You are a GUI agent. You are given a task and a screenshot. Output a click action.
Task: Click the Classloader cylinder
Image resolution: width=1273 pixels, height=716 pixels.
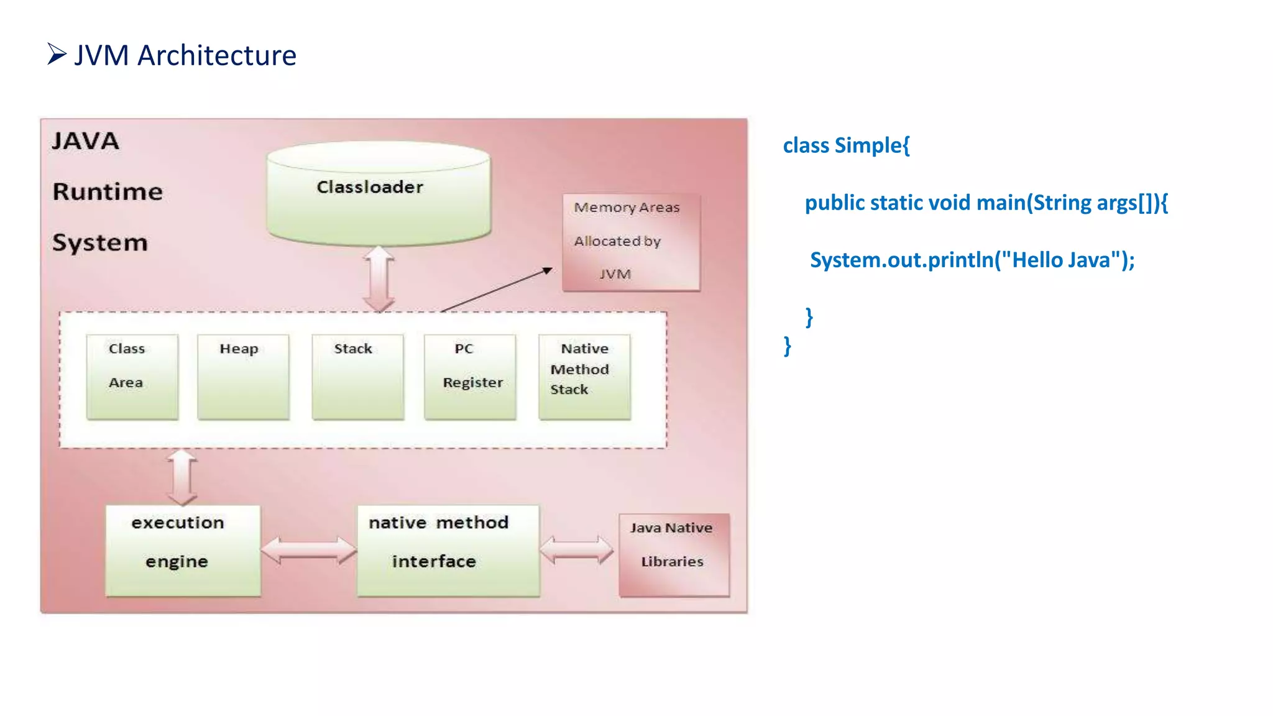click(x=378, y=193)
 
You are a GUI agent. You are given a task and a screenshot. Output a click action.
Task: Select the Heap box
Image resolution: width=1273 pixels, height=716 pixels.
click(x=243, y=377)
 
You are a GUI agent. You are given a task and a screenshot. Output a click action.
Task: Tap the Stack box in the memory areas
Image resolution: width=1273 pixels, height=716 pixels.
click(x=358, y=377)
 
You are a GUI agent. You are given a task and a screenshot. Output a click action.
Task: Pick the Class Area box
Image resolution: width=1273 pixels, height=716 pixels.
click(x=132, y=377)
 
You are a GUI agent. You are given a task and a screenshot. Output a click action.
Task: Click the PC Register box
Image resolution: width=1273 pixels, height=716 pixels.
click(x=470, y=377)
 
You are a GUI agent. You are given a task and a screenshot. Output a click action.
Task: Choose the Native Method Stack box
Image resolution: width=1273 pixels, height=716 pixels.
click(x=584, y=377)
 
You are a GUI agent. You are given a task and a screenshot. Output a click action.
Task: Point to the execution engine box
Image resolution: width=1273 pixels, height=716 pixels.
click(x=183, y=550)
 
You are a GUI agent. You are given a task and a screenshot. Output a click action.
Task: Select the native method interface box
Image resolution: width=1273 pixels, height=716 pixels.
click(x=448, y=550)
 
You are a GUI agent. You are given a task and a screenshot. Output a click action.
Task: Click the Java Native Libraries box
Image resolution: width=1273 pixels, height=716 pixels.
click(x=674, y=554)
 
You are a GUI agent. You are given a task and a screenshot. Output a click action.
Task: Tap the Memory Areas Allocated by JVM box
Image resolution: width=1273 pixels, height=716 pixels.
click(x=631, y=242)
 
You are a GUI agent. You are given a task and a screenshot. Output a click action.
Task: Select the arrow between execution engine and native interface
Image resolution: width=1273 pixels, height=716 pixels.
click(x=309, y=550)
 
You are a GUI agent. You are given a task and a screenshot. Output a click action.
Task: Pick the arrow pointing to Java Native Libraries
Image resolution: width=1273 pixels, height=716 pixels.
click(x=576, y=550)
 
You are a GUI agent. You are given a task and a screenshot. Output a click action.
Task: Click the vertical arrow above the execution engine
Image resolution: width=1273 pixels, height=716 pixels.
click(x=182, y=477)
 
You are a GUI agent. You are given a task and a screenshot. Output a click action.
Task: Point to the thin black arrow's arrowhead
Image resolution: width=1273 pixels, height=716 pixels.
click(x=547, y=270)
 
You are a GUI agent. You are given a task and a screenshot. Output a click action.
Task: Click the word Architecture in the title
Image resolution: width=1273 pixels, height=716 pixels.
click(x=216, y=55)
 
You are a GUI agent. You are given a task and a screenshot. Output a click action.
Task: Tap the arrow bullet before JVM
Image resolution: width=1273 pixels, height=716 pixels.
click(x=57, y=54)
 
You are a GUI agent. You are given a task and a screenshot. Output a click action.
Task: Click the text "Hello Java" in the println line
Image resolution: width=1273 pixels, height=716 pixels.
click(x=1060, y=260)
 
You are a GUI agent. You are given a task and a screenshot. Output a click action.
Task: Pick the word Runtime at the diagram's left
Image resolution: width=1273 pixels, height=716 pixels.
click(x=108, y=191)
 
